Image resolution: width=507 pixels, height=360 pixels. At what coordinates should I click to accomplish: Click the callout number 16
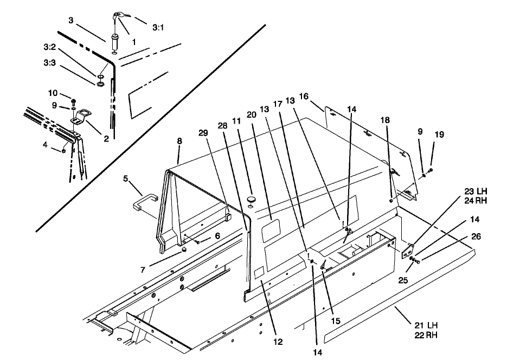(304, 96)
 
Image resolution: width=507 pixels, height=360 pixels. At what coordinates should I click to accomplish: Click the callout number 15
(336, 321)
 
